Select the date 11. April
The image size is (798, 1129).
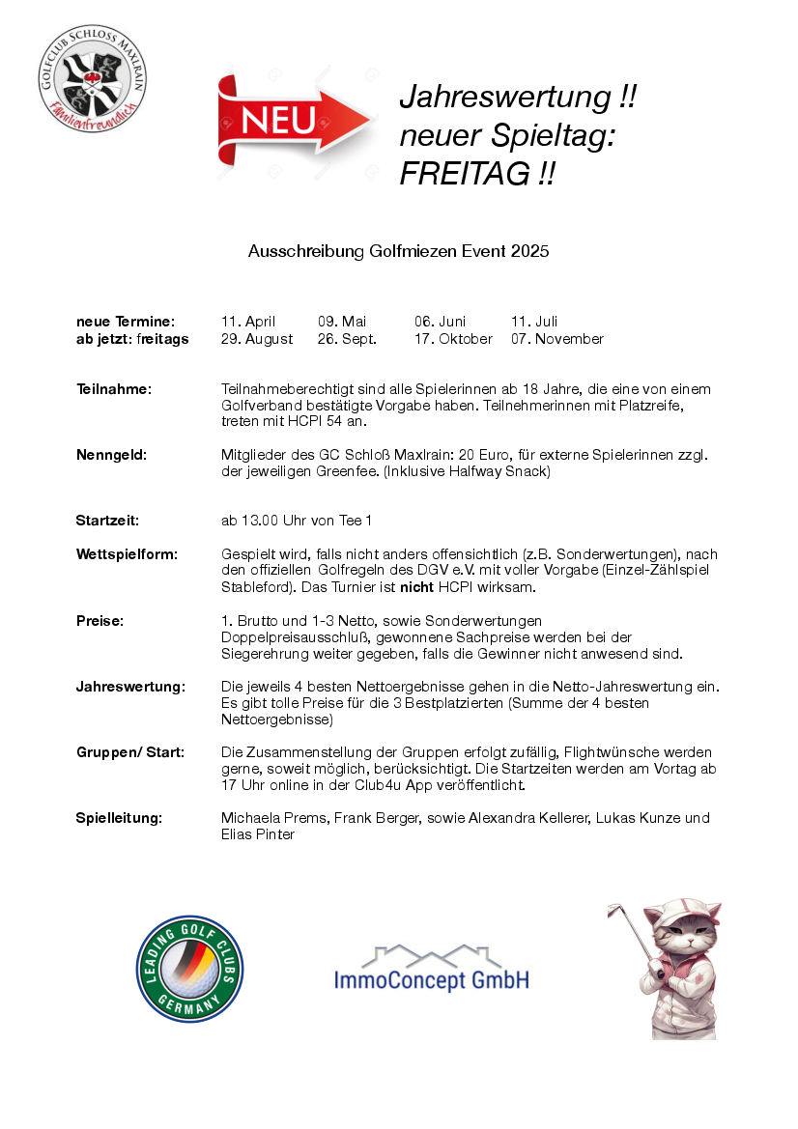[248, 322]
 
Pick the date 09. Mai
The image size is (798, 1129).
[342, 322]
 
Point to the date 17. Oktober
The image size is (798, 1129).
[453, 339]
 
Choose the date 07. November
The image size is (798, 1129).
[556, 339]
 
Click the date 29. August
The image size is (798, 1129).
[257, 339]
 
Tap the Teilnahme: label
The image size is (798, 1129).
[114, 389]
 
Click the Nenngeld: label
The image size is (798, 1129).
[111, 454]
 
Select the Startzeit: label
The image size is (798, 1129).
[107, 521]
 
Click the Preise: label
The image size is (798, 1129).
[100, 620]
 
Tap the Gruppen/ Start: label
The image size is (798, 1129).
[129, 751]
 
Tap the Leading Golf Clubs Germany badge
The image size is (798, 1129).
[189, 969]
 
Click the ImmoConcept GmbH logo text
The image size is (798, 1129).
[431, 980]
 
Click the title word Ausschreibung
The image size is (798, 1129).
[306, 251]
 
